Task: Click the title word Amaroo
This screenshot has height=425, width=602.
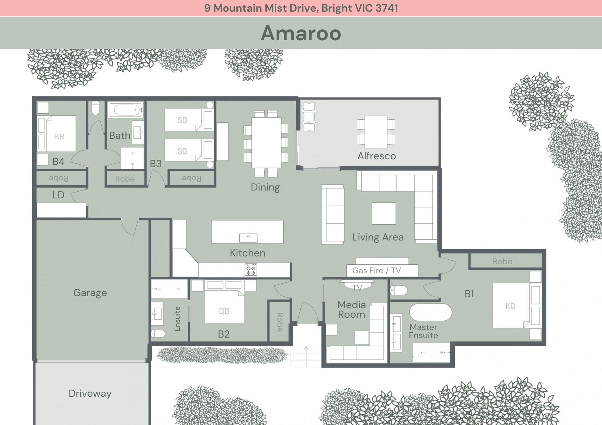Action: pos(301,33)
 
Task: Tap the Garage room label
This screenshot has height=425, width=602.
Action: pos(90,293)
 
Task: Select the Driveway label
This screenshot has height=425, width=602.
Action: pos(90,393)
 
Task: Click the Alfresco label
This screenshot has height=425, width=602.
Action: pos(377,156)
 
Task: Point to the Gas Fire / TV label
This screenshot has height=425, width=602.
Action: pos(377,270)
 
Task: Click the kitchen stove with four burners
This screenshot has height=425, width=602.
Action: pos(251,269)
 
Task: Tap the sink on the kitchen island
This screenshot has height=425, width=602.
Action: pos(248,238)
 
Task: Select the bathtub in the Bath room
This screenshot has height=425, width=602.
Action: pos(126,110)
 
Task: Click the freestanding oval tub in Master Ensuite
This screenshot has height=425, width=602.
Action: pos(430,312)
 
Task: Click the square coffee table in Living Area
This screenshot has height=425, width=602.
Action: pos(384,213)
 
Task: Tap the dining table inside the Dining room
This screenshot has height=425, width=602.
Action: pos(266,143)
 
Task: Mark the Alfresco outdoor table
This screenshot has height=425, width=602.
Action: pos(376,132)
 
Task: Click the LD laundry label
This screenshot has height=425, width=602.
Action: pos(58,195)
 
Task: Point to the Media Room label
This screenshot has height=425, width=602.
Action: pos(351,309)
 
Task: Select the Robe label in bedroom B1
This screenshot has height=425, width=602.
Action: pos(502,261)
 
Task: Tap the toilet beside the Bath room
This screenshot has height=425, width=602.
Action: pos(95,108)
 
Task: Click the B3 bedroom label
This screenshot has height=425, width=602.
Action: pos(156,163)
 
